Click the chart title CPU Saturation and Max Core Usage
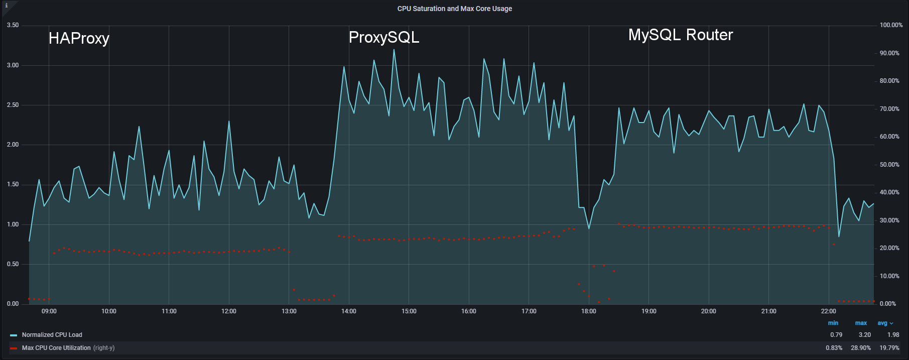pos(454,9)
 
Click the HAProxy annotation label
pos(79,38)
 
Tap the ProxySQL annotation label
pos(384,37)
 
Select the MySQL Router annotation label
pos(680,35)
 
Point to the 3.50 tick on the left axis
pos(13,25)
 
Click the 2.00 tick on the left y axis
pos(13,145)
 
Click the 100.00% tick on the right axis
pos(891,25)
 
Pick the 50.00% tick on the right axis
pos(889,165)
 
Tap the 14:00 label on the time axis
pos(349,311)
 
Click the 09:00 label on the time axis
pos(49,311)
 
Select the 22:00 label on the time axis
pos(828,311)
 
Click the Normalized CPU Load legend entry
pos(52,335)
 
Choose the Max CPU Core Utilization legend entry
pos(56,348)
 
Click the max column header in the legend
pos(861,323)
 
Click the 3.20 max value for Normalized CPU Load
pos(864,335)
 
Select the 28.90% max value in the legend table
pos(860,348)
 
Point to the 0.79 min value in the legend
pos(836,335)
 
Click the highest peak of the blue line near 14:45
pos(394,49)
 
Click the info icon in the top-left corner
pos(6,6)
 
